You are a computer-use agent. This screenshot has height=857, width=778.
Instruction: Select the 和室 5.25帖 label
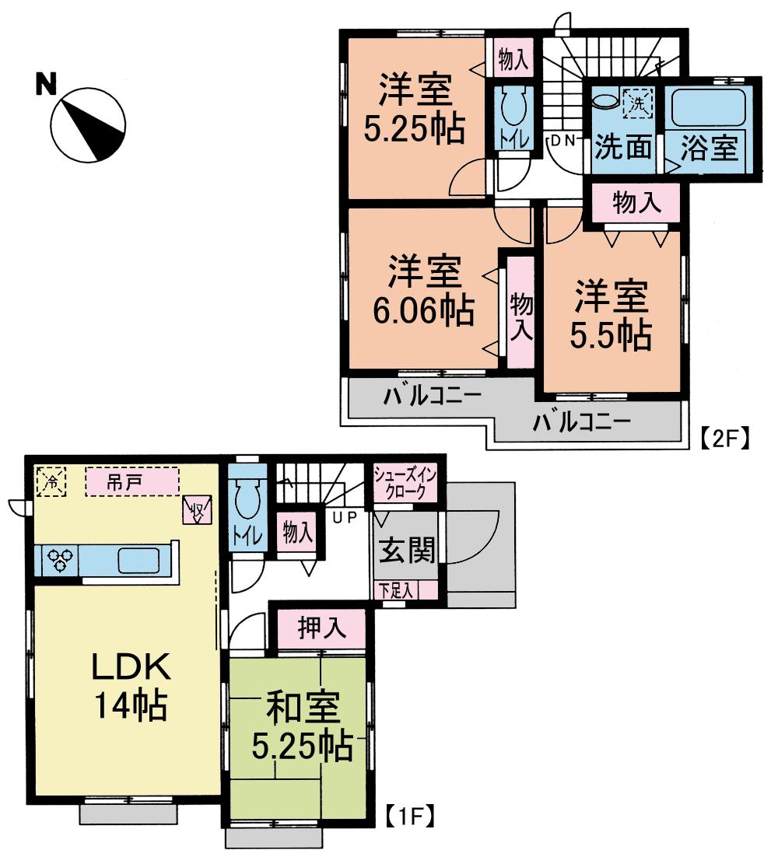[x=301, y=727]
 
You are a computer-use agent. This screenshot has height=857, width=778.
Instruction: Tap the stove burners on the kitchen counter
[x=61, y=559]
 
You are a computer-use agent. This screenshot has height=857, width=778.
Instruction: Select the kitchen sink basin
[x=139, y=559]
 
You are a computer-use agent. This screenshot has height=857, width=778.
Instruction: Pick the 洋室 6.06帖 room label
[x=425, y=292]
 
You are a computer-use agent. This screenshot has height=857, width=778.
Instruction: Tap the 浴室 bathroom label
[x=709, y=148]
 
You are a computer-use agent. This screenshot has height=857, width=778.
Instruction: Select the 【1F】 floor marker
[x=409, y=817]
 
